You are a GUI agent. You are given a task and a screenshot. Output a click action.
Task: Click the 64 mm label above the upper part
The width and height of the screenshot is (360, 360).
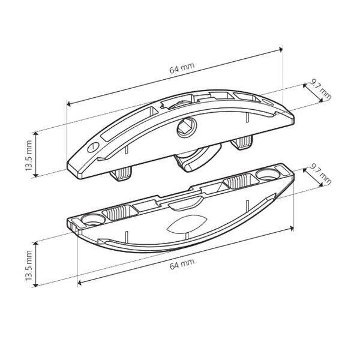tap(182, 68)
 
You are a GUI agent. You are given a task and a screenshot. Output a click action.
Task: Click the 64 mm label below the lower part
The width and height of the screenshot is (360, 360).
tap(182, 264)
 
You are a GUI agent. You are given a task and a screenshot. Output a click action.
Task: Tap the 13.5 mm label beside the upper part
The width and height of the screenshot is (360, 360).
tap(29, 155)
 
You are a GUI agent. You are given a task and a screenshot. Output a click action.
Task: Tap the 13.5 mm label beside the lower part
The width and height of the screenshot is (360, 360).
tap(29, 265)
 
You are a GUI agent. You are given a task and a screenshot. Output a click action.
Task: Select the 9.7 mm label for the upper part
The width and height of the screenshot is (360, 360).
tap(322, 89)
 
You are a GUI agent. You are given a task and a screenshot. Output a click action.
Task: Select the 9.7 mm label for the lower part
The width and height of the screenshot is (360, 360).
tap(321, 174)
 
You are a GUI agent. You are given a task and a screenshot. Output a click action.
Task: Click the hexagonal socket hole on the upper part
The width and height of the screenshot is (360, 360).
tap(187, 128)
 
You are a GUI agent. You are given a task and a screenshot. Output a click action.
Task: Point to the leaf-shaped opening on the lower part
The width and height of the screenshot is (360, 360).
tap(187, 224)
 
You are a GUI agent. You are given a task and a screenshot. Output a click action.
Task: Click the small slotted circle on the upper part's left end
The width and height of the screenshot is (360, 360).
tap(93, 147)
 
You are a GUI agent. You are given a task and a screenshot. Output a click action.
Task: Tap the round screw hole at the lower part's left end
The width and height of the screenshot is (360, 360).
tap(93, 220)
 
